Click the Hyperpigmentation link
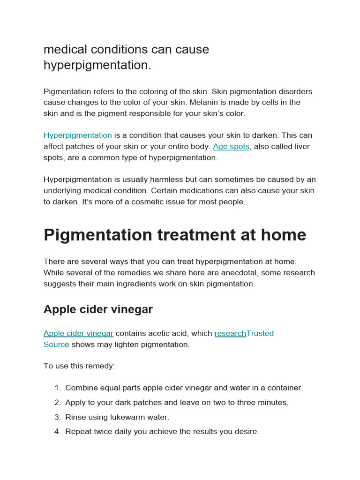click(78, 135)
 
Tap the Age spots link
click(231, 147)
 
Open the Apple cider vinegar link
click(78, 333)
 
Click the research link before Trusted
click(230, 333)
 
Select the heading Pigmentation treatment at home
click(175, 235)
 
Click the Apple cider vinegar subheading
click(98, 309)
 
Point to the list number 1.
click(57, 388)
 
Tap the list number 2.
click(57, 403)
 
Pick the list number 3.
click(57, 417)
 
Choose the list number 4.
click(57, 432)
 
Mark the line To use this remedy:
click(79, 366)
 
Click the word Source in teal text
click(56, 345)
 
